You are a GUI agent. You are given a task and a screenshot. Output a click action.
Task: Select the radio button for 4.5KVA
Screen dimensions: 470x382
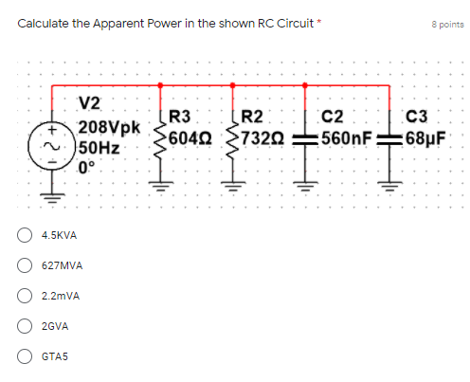click(x=25, y=235)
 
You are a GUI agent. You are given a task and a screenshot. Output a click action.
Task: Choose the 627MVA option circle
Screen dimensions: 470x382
click(x=25, y=265)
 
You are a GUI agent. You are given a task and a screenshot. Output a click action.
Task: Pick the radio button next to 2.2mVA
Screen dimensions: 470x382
click(x=25, y=296)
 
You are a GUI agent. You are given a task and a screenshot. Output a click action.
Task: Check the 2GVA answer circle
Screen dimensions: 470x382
click(x=25, y=326)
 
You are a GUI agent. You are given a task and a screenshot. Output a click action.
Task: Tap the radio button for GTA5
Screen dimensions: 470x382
click(x=25, y=356)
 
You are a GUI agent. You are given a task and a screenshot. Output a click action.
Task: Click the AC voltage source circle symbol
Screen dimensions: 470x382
click(x=52, y=146)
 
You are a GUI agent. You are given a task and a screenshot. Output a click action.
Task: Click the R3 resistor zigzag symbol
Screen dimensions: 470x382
click(x=160, y=140)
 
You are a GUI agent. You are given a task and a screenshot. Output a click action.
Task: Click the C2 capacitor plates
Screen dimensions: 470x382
click(x=305, y=140)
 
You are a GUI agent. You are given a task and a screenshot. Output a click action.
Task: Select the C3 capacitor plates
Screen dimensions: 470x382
click(x=389, y=140)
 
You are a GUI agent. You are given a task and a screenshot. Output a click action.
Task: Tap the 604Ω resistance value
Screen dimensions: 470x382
click(x=190, y=138)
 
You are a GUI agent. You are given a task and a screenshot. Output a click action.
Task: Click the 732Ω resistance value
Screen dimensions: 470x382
click(x=262, y=138)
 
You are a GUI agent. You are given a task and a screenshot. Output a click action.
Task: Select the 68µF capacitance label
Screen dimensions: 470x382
click(x=425, y=138)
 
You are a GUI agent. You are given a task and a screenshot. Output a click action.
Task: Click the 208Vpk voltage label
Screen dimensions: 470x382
click(x=109, y=127)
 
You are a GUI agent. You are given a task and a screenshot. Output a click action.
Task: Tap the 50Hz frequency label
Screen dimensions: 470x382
click(x=99, y=148)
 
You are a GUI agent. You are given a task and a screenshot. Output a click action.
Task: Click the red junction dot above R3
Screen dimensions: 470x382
click(x=160, y=85)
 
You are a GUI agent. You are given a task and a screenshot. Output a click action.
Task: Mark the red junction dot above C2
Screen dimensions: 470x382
click(x=305, y=85)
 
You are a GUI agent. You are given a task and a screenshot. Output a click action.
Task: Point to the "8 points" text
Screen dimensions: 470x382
click(x=447, y=25)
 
